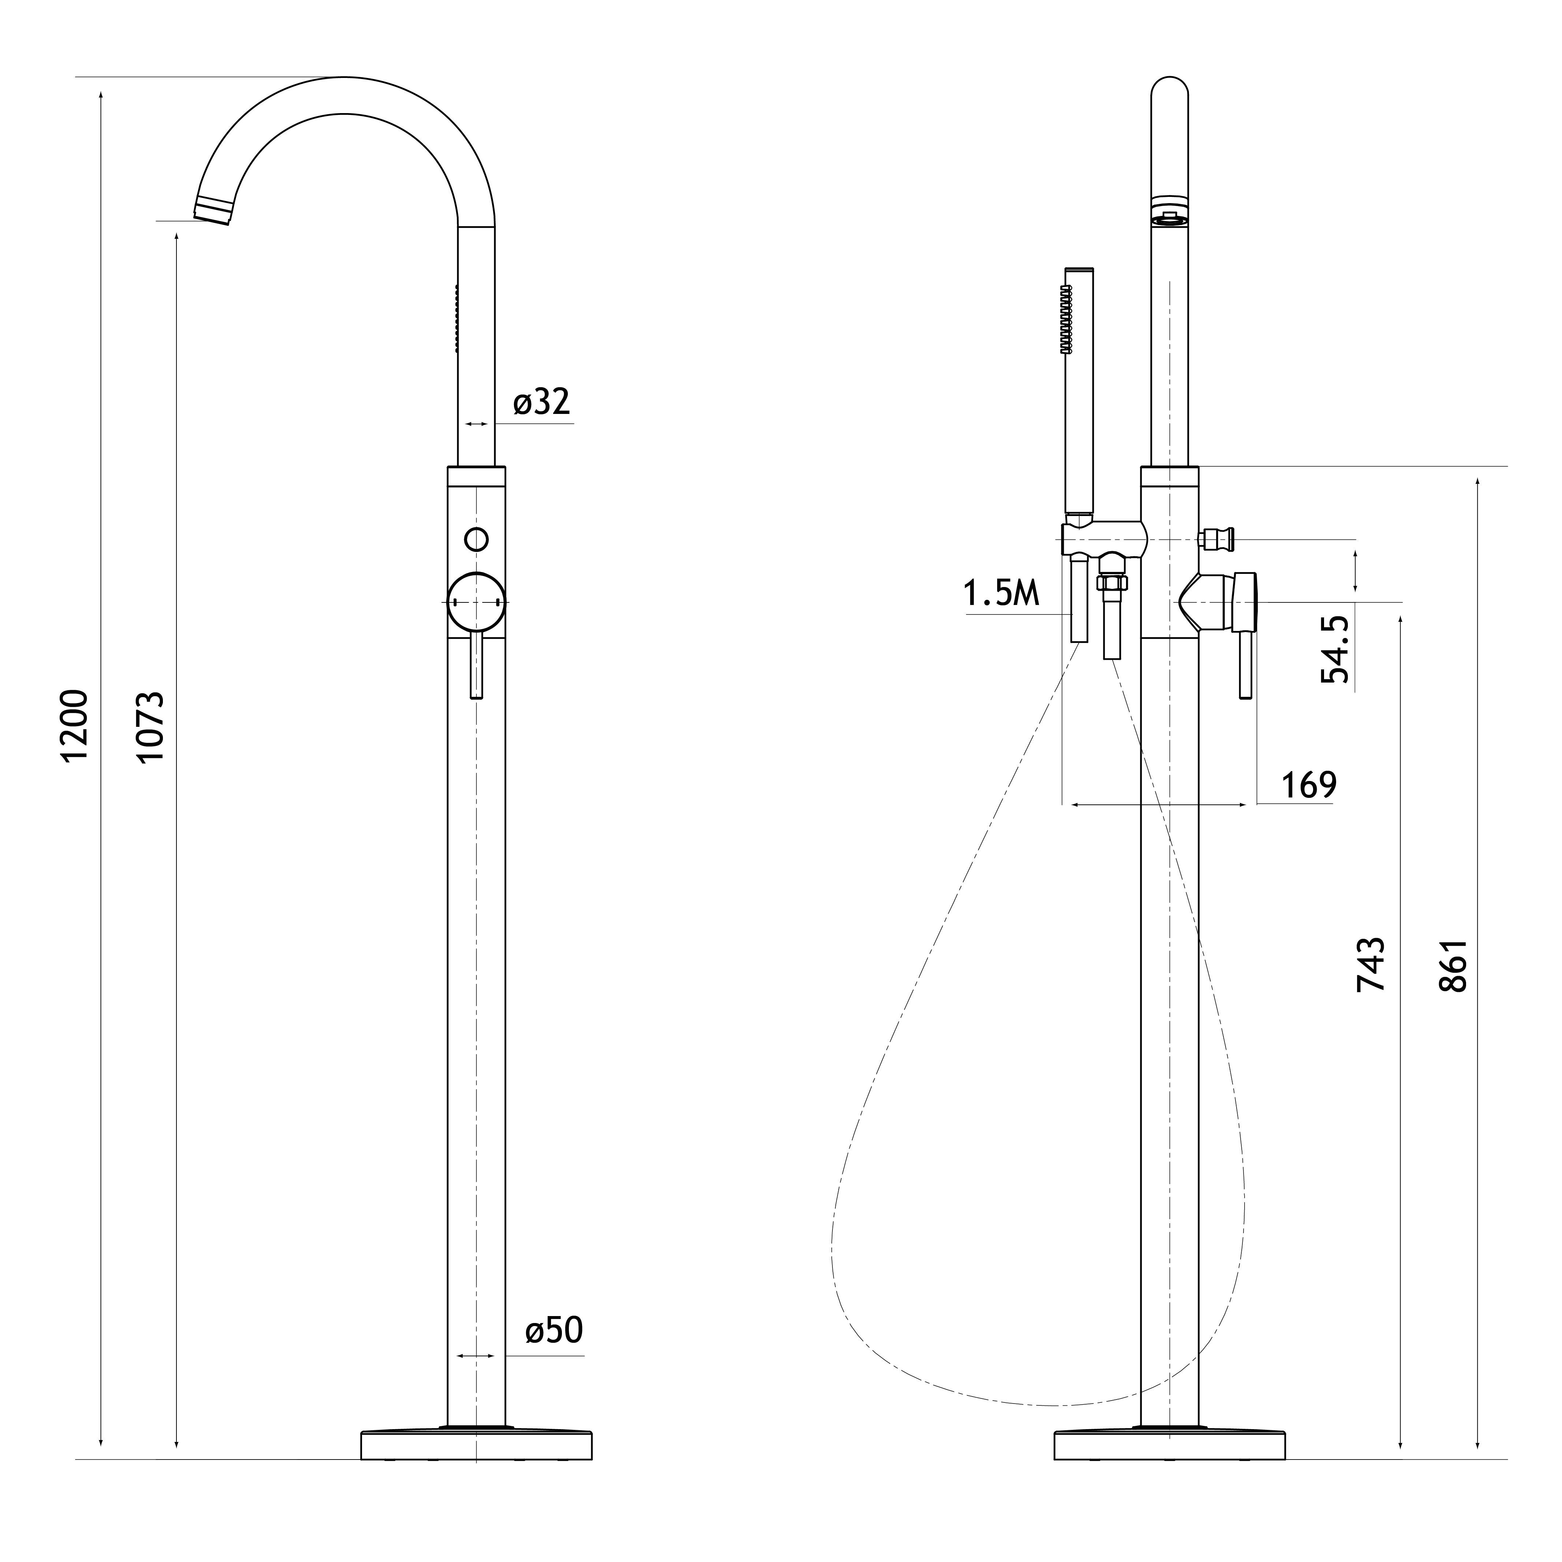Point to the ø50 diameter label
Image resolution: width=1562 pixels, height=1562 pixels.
click(554, 1330)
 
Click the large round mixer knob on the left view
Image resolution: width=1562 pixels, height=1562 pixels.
click(477, 602)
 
